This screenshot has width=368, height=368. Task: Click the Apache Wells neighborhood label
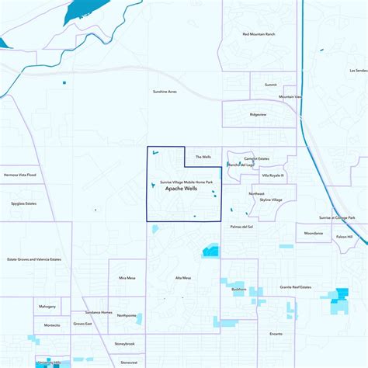point(182,189)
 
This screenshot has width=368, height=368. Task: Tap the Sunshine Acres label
point(164,92)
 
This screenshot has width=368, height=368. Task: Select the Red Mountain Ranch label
point(259,34)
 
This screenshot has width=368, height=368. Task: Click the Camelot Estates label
point(256,158)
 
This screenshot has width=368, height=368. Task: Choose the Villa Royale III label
point(273,175)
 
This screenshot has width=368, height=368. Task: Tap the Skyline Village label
point(271,200)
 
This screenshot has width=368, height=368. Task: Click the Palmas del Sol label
point(241,227)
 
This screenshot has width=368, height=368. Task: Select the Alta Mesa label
point(183,278)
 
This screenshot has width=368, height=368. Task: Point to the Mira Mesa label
point(127,277)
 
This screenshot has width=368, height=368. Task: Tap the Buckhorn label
point(239,289)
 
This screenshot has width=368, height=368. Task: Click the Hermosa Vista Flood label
point(20,175)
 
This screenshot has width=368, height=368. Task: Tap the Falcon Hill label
point(344,237)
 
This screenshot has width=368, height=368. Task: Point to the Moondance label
point(314,233)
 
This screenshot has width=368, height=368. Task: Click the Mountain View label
point(290,97)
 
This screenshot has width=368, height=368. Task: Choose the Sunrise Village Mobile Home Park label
point(186,182)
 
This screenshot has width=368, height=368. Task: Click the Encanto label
point(276,334)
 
